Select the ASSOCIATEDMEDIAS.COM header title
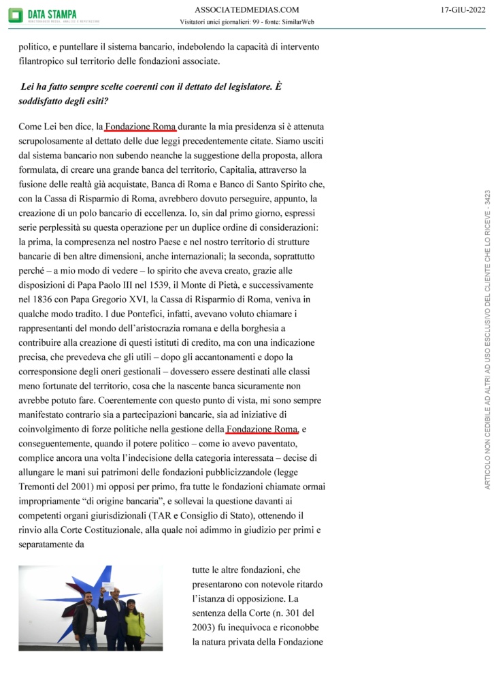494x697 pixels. [246, 10]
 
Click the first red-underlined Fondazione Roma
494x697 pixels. [140, 127]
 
